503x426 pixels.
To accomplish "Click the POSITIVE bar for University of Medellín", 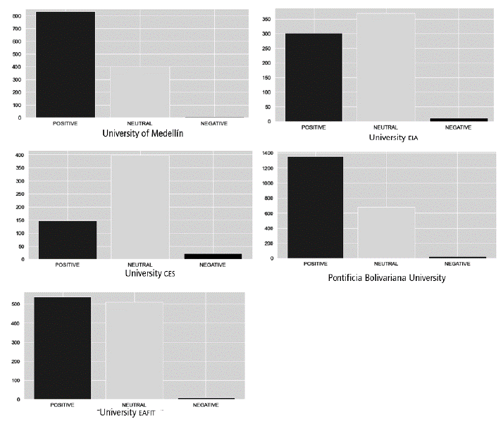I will click(65, 65).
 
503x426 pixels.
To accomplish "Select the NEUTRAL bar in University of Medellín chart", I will click(139, 92).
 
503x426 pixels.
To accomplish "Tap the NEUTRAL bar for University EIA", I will click(385, 68).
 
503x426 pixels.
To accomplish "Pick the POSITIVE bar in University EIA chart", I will click(313, 77).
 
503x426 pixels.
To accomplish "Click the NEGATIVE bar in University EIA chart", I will click(458, 120).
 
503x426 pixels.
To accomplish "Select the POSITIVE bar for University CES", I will click(68, 240).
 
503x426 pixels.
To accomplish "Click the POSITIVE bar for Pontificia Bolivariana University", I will click(314, 208).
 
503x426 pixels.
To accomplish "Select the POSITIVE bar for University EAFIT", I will click(63, 348).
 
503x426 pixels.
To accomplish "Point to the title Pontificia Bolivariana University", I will click(387, 278).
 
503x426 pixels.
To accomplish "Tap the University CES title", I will click(149, 273).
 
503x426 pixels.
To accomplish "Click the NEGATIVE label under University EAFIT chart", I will click(205, 406).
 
